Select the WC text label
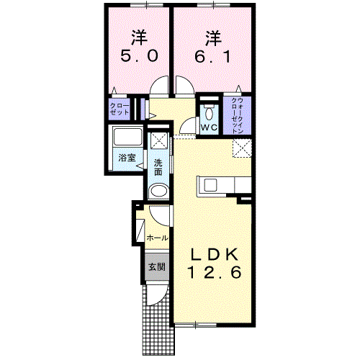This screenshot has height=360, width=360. [x=209, y=127]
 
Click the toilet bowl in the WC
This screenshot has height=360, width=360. [x=209, y=113]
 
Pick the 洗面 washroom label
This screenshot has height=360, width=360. [x=158, y=168]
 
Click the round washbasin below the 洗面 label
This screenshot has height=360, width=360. [x=158, y=192]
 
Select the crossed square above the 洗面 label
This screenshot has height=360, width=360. [x=158, y=141]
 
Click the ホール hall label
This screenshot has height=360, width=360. [x=157, y=238]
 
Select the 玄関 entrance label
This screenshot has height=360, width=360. [x=157, y=266]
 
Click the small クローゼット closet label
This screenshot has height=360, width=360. [x=120, y=109]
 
